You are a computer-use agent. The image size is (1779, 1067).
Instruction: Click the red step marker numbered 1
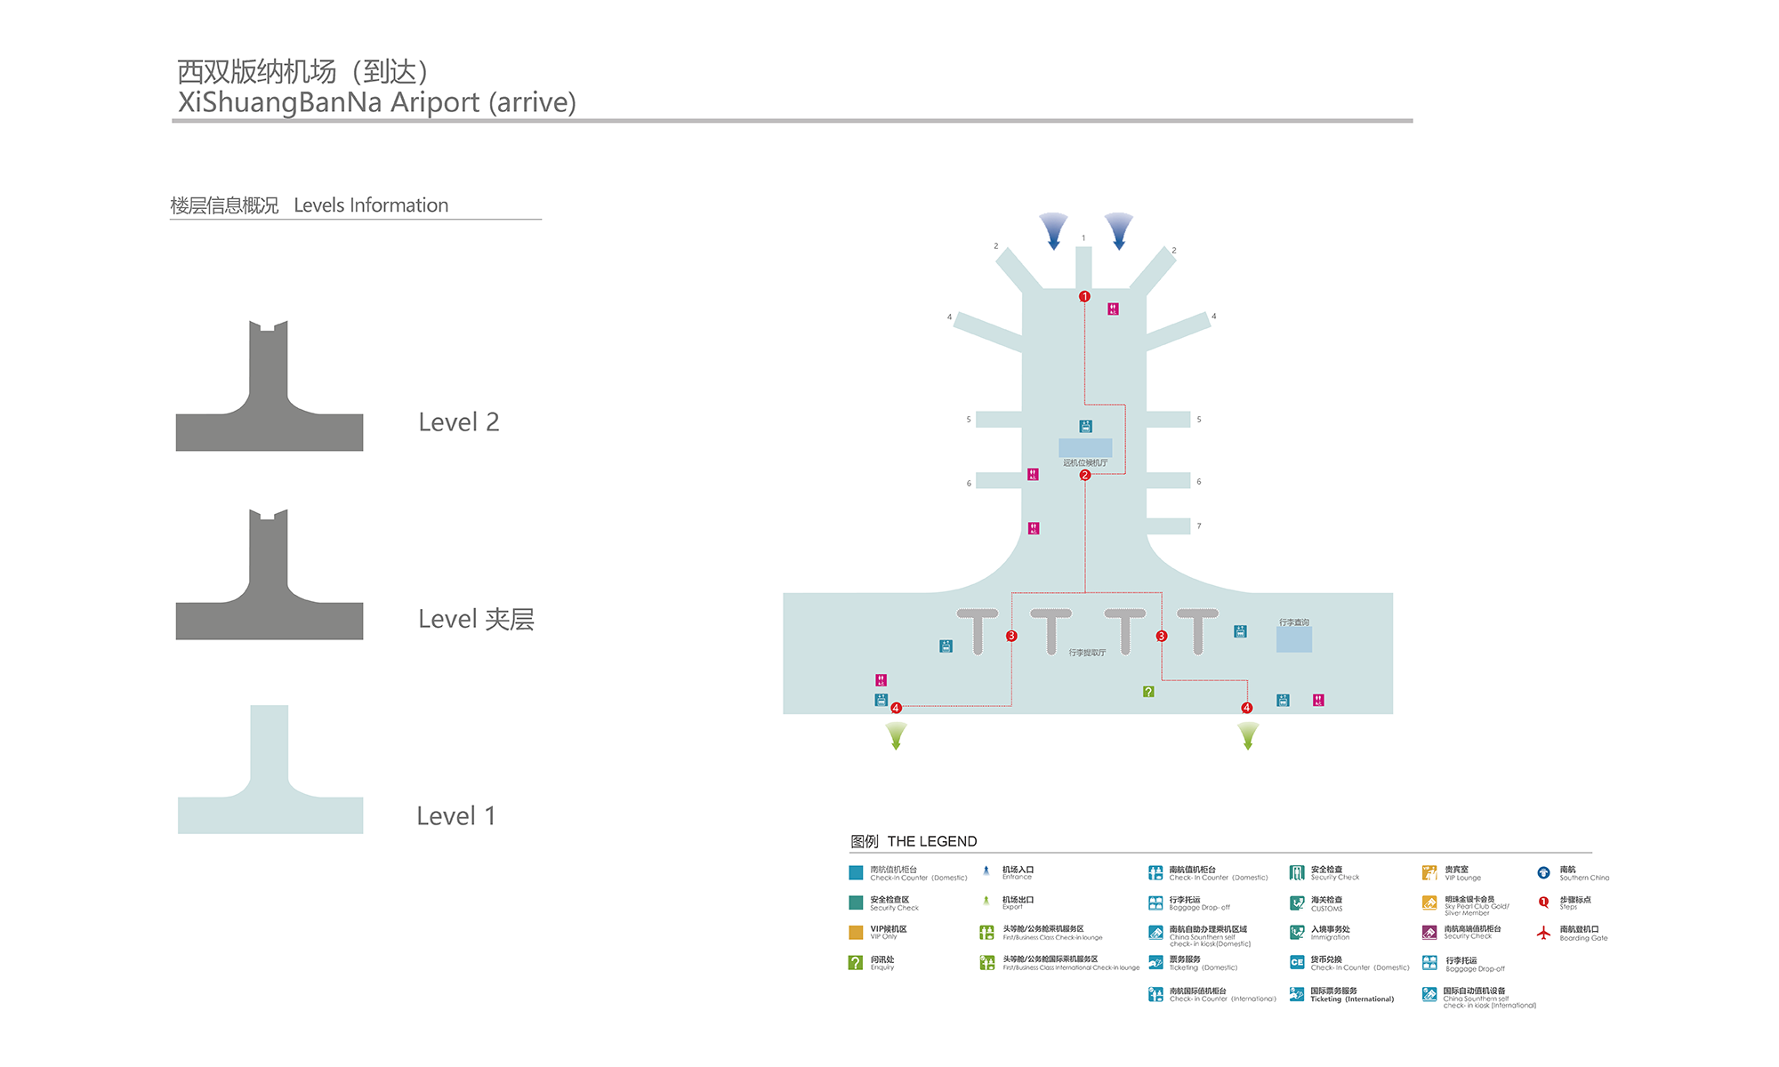coord(1084,296)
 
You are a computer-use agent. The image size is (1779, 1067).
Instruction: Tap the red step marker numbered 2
coord(1084,475)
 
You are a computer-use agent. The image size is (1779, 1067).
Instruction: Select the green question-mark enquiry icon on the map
coord(1148,691)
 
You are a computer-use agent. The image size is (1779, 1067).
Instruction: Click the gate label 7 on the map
coord(1199,526)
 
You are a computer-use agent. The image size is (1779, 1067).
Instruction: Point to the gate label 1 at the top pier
coord(1083,238)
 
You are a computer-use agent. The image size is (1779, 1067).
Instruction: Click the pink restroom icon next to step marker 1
coord(1113,309)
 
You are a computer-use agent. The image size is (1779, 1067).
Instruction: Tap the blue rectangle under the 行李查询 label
coord(1293,639)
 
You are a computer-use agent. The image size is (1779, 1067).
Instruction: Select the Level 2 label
coord(459,422)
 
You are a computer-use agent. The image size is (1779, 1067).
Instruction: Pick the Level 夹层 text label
coord(476,620)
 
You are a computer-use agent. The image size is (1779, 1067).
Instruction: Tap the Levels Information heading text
coord(371,205)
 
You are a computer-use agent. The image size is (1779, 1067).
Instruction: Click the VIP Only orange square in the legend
coord(856,933)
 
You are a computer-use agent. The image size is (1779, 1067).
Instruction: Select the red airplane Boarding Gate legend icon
coord(1543,933)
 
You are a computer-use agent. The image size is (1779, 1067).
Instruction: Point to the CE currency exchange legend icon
coord(1297,962)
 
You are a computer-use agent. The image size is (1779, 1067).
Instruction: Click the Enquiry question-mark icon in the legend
coord(856,962)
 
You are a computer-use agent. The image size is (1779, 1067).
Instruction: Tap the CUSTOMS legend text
coord(1326,909)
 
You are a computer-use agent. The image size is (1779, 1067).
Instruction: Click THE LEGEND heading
coord(931,841)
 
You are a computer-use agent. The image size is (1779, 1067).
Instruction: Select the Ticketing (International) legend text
coord(1351,999)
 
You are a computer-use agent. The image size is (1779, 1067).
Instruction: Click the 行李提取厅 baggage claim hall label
coord(1087,653)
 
